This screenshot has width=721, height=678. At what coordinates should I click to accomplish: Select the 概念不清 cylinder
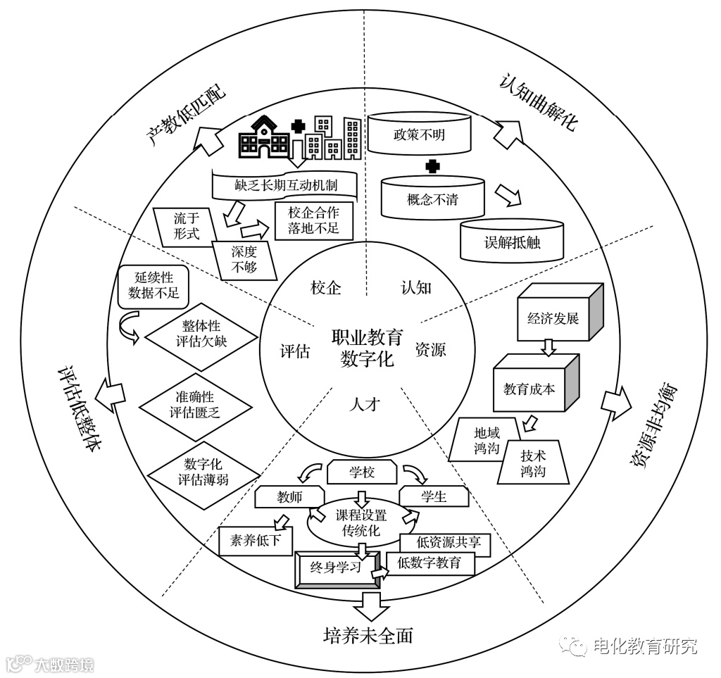point(432,199)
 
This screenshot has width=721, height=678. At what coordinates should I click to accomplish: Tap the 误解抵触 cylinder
point(512,241)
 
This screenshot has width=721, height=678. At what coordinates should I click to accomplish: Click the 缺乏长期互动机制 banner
point(286,186)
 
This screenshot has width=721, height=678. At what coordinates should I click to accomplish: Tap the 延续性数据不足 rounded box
point(149,286)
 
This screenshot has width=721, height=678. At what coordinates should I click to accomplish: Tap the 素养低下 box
point(256,540)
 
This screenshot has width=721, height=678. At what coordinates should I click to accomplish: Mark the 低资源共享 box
point(444,542)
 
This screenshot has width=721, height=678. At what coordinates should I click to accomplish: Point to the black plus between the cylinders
point(433,167)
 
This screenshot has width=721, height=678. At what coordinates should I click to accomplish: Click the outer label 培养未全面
point(367,635)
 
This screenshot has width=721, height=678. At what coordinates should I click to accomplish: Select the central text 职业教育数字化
point(367,348)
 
